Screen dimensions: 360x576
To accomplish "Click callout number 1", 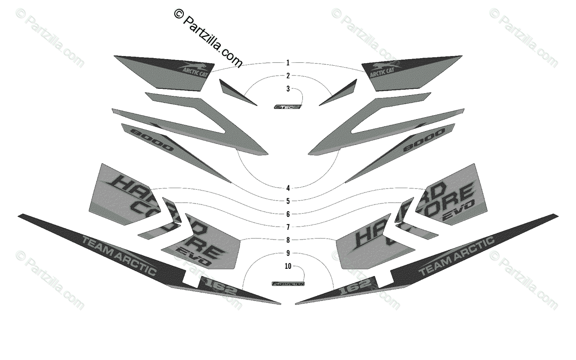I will [288, 63].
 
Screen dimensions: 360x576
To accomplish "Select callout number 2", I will [288, 76].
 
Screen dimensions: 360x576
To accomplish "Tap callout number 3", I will [288, 89].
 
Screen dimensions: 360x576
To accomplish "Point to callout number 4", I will [288, 188].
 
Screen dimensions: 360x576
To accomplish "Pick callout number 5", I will [288, 201].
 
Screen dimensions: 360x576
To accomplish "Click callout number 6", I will [288, 214].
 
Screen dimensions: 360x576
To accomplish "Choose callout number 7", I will [288, 227].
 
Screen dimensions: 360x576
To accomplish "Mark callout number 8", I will [288, 240].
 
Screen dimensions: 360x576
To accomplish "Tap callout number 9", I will [288, 253].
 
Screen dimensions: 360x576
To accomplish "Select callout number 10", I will [288, 266].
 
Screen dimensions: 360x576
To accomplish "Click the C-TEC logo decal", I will [287, 107].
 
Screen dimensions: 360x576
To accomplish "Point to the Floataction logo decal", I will [288, 284].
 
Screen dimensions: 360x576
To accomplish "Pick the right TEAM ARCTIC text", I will [456, 255].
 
